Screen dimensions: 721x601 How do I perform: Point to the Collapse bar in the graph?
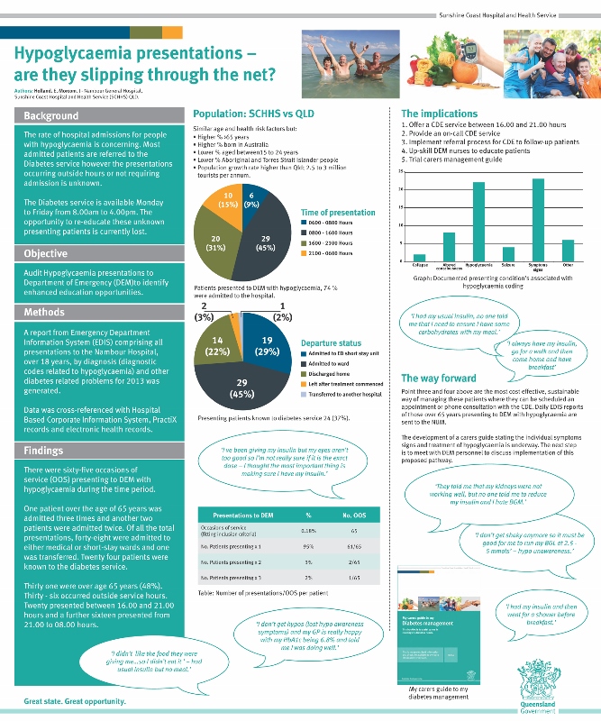[420, 258]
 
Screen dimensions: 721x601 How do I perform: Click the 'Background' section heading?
[51, 116]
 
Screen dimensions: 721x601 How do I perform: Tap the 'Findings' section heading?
[47, 451]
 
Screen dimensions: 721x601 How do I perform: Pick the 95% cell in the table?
[309, 546]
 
